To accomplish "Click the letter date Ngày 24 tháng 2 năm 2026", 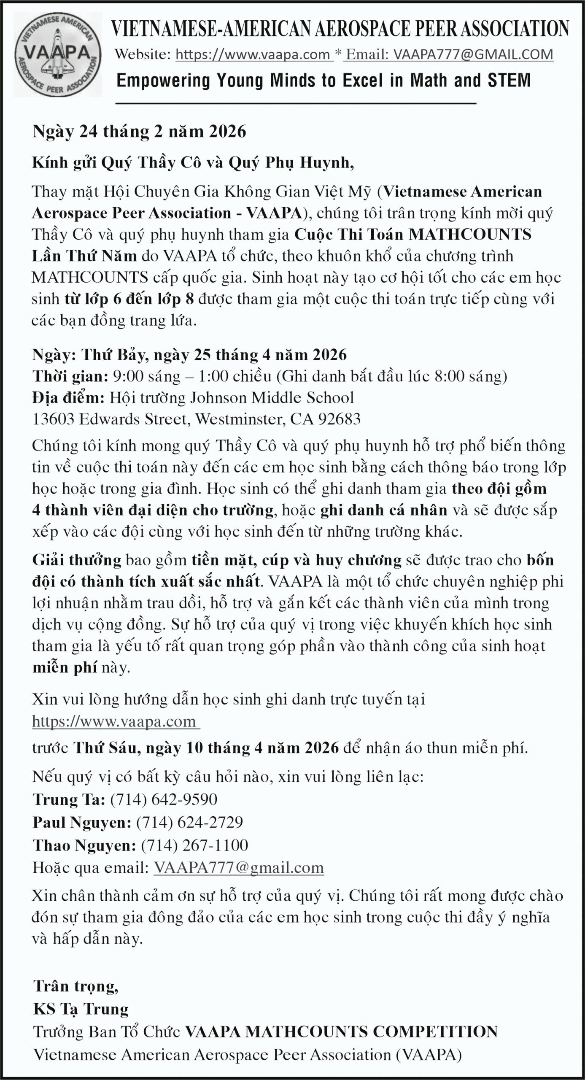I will click(139, 132).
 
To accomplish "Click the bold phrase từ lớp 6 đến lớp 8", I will click(129, 299).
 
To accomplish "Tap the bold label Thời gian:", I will click(70, 376).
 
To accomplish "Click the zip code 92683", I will click(339, 419).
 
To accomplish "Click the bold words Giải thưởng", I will click(77, 560).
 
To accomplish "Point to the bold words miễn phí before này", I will click(65, 668).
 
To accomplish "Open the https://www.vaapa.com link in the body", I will click(115, 721).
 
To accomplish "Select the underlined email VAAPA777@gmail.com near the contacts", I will click(239, 868).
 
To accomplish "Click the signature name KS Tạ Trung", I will click(81, 1009).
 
